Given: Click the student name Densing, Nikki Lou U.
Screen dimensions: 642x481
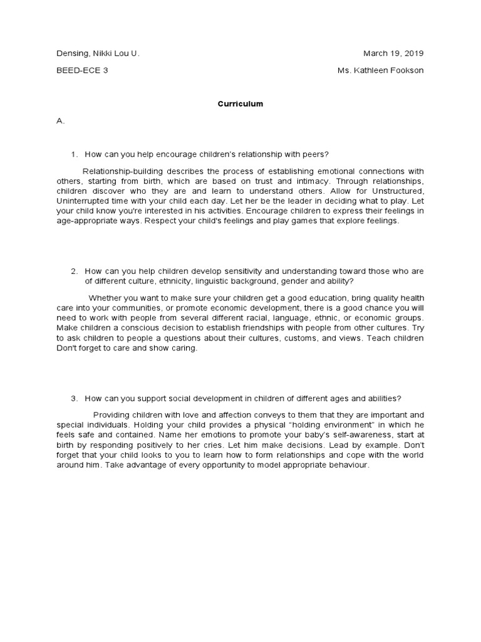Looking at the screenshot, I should (98, 53).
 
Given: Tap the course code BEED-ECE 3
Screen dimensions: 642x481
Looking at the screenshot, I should (82, 70).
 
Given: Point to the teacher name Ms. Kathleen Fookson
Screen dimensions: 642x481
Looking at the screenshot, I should (380, 70).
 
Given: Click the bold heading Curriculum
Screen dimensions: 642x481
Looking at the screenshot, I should (240, 104).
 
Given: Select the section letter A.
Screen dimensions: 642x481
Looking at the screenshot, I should (61, 120).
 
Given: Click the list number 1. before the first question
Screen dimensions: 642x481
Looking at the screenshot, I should (75, 154).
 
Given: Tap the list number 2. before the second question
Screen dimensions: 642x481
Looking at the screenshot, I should (75, 271).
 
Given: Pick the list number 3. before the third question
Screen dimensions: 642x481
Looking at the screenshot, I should (75, 398).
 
